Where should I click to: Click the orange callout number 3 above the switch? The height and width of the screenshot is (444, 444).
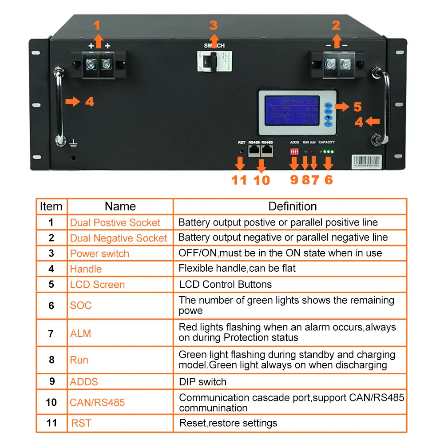tap(214, 25)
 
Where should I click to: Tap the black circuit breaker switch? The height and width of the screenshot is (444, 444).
tap(214, 62)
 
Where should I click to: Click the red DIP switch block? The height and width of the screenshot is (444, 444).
tap(294, 151)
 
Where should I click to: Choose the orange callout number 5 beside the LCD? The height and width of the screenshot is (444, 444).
tap(357, 107)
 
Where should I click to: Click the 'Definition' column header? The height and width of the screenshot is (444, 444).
tap(292, 206)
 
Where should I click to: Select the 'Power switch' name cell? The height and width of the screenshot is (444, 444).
tap(99, 254)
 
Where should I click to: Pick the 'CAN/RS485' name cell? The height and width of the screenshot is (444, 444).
tap(97, 403)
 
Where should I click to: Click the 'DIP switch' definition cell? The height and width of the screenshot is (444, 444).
tap(202, 382)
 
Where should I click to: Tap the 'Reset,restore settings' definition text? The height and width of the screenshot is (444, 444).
tap(228, 423)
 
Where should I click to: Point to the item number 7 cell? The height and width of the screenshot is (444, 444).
tap(52, 333)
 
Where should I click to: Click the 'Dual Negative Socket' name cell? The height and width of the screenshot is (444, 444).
tap(119, 238)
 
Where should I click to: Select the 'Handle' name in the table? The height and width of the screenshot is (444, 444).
tap(86, 269)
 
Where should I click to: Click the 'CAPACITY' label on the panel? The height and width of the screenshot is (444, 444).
tap(327, 143)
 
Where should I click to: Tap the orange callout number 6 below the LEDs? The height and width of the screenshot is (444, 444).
tap(329, 180)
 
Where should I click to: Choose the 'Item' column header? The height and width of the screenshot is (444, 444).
tap(51, 206)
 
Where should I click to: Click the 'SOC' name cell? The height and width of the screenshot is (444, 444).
tap(81, 305)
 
